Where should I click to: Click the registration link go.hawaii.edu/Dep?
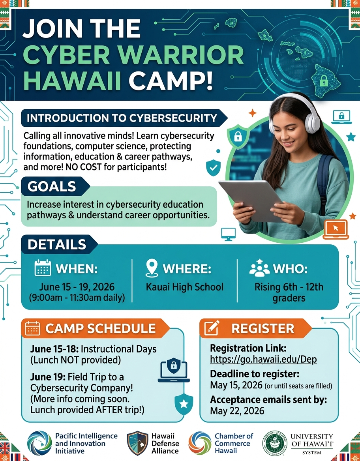click(x=263, y=360)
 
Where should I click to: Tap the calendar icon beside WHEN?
click(x=43, y=268)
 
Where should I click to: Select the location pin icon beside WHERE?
click(x=152, y=268)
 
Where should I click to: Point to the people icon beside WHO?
click(x=259, y=268)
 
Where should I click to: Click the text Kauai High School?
click(x=185, y=287)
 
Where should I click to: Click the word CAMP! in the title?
click(x=171, y=80)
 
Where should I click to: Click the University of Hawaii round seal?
click(x=274, y=443)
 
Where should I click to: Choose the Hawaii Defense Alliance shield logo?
click(x=138, y=443)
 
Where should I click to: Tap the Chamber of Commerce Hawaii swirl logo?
click(x=200, y=443)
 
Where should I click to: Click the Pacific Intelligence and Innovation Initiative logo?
click(x=39, y=443)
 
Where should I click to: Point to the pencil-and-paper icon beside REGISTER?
click(x=212, y=328)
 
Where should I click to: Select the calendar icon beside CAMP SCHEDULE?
click(x=32, y=328)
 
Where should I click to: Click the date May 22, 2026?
click(x=237, y=411)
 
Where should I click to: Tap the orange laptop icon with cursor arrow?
click(x=336, y=230)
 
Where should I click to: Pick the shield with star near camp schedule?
click(x=184, y=404)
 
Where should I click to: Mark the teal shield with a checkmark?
click(x=213, y=168)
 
